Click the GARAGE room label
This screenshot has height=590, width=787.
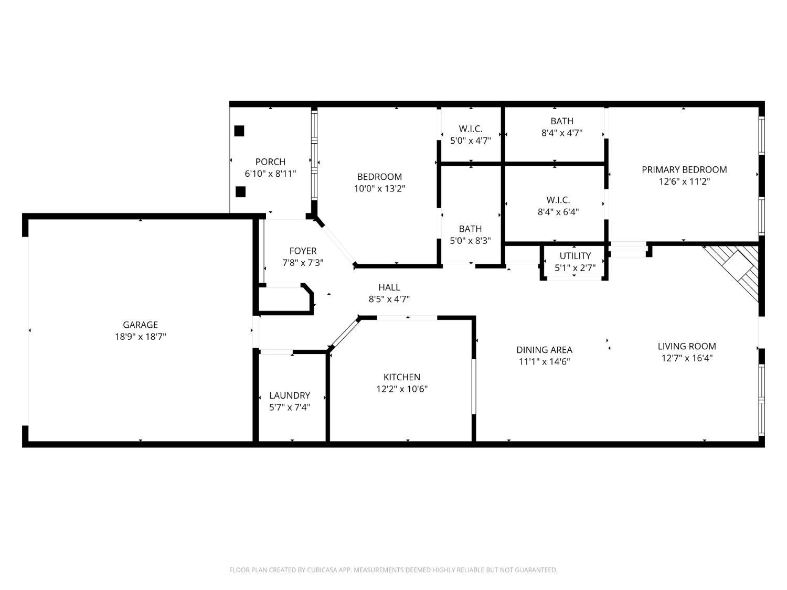click(x=140, y=325)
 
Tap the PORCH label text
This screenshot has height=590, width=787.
click(x=270, y=162)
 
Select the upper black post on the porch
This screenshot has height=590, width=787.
click(x=239, y=131)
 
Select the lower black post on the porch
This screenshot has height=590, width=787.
click(x=240, y=191)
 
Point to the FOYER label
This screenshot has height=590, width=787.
click(x=303, y=251)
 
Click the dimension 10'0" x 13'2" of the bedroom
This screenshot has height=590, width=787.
click(x=380, y=188)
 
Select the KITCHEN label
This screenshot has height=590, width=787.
click(x=402, y=377)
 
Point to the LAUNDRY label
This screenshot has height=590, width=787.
click(x=290, y=395)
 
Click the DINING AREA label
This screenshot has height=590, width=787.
click(x=544, y=350)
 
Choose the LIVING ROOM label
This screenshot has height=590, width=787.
click(x=687, y=346)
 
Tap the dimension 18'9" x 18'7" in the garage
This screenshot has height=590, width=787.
click(x=140, y=337)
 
